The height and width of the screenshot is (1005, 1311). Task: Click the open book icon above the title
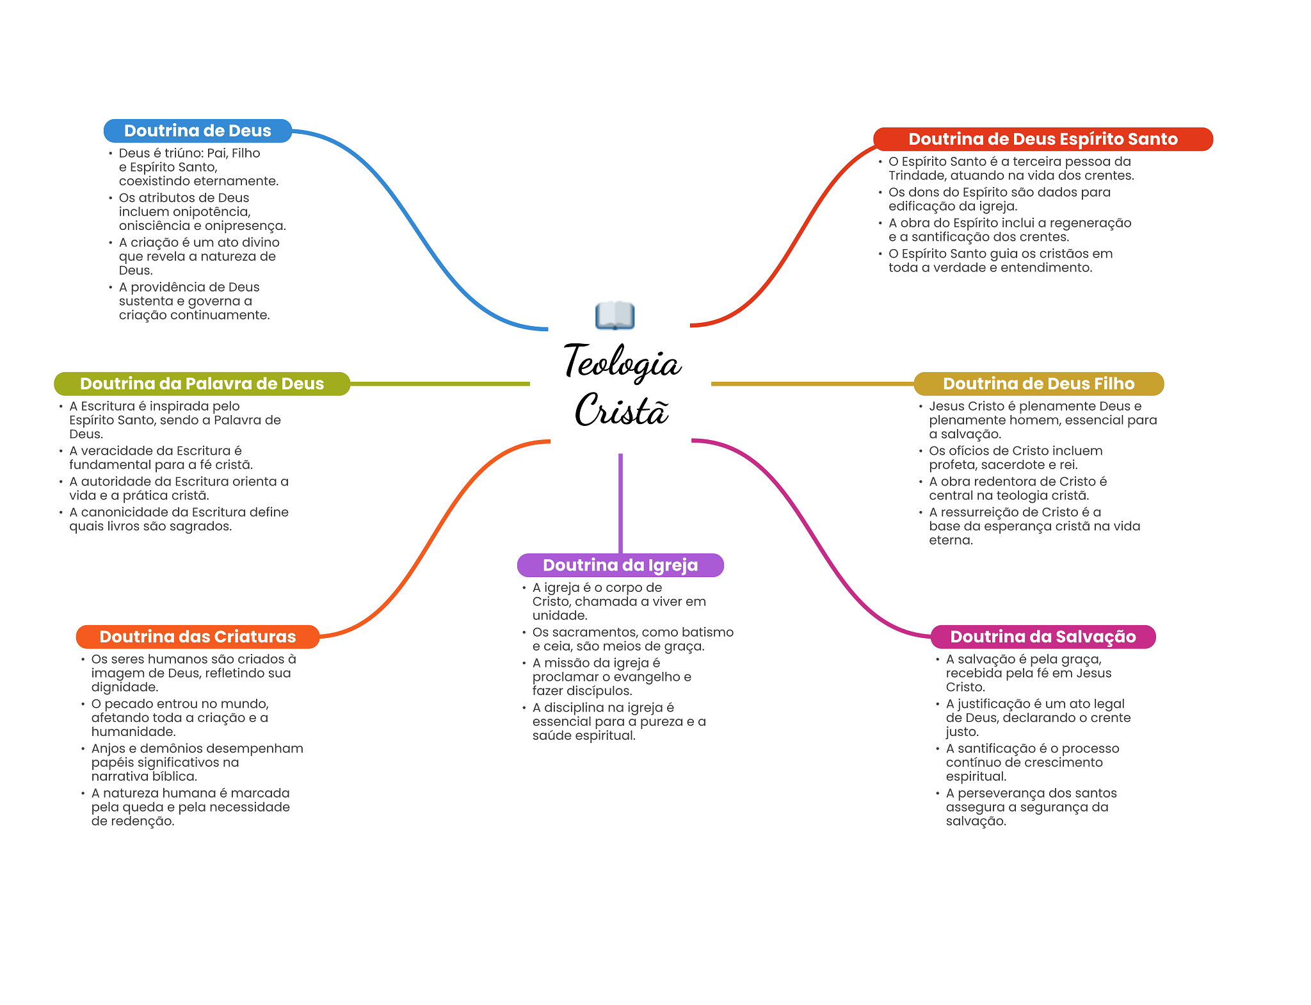click(x=615, y=315)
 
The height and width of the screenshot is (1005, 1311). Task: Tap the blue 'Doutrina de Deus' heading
click(x=197, y=131)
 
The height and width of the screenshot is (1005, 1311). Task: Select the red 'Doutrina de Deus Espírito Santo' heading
click(x=1042, y=139)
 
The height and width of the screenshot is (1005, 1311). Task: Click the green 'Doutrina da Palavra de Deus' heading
click(x=202, y=384)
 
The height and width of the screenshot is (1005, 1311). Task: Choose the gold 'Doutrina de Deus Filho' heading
click(x=1038, y=384)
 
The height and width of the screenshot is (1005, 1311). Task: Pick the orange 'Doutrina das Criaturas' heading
click(x=197, y=637)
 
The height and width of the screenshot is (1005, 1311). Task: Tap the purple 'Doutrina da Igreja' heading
click(x=620, y=565)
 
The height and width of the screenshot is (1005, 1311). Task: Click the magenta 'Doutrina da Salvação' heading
click(x=1042, y=637)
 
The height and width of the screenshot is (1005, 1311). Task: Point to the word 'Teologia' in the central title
click(x=622, y=363)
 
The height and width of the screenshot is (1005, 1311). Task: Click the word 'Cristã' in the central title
click(x=622, y=410)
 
